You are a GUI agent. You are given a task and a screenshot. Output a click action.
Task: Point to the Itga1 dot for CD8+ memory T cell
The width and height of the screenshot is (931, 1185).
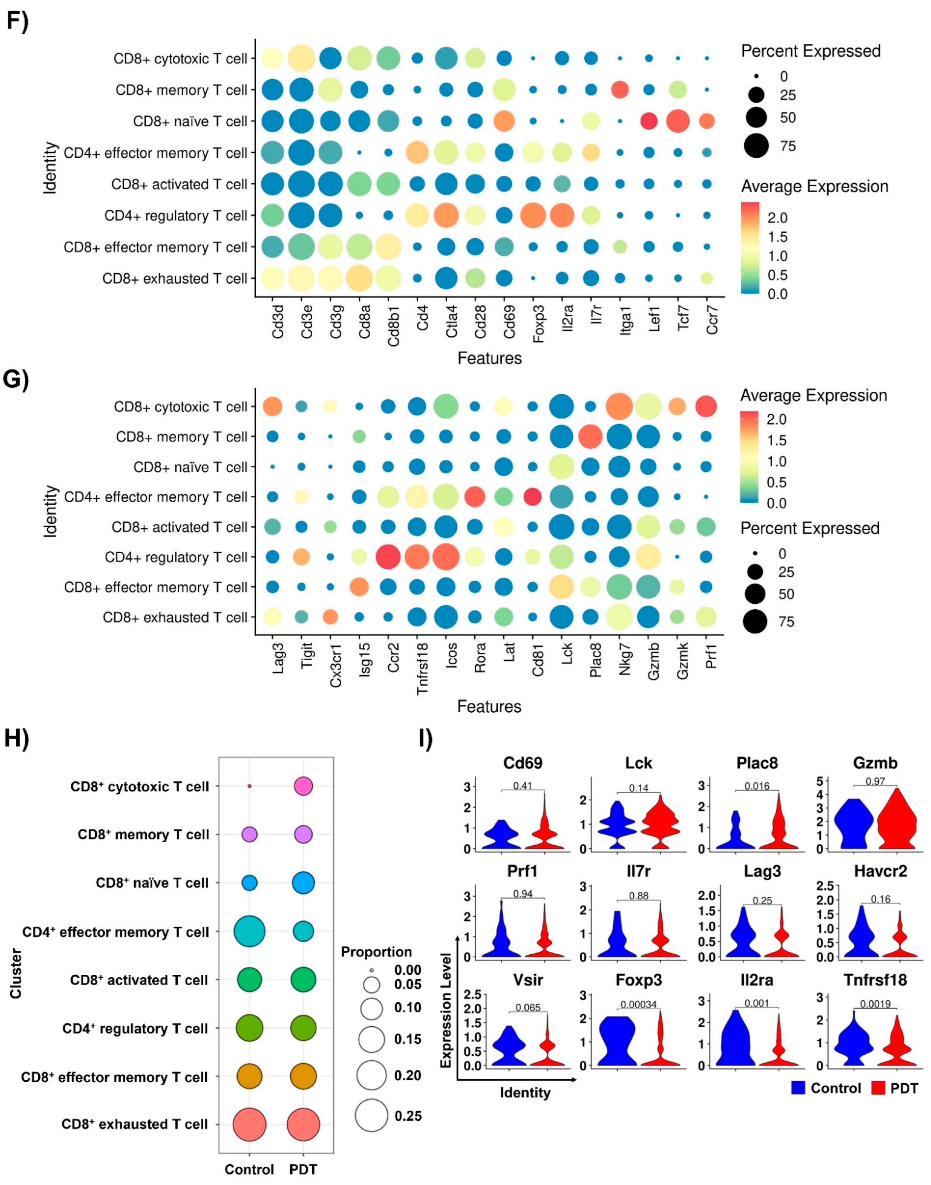pos(620,90)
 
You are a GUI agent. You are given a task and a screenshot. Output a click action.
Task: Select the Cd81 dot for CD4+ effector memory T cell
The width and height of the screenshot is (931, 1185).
pos(533,497)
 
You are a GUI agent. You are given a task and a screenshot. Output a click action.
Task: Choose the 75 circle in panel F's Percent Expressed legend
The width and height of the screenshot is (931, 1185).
pos(757,146)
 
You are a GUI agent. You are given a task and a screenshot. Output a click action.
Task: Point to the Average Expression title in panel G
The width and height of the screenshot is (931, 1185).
pos(813,395)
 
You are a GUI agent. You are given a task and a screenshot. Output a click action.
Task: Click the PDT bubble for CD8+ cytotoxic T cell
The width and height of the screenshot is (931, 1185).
pos(303,786)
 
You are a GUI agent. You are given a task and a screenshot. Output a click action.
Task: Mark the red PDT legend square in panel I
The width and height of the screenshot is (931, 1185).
pos(878,1088)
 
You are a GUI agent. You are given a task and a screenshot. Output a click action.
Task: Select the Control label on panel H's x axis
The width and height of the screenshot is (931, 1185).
pos(249,1170)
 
